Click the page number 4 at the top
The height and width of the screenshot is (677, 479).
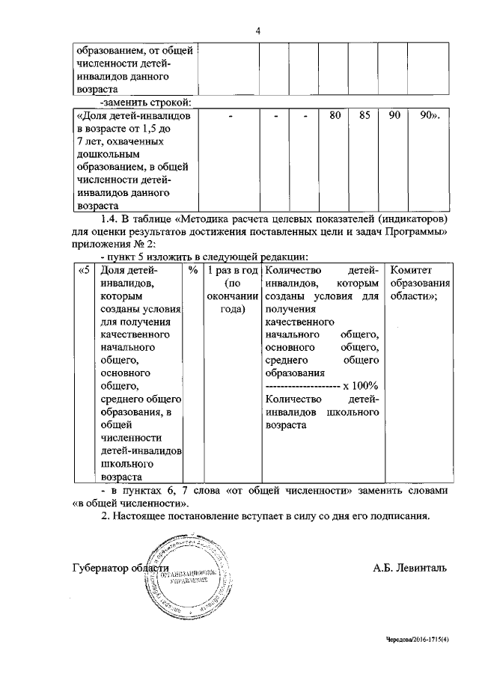tap(257, 31)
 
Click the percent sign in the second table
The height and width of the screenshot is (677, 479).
tap(193, 270)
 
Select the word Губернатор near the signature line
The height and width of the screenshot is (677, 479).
tap(101, 568)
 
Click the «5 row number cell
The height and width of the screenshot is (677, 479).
tap(84, 270)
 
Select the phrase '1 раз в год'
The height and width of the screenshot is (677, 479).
tap(233, 270)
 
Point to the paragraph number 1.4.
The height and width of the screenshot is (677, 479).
tap(109, 218)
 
